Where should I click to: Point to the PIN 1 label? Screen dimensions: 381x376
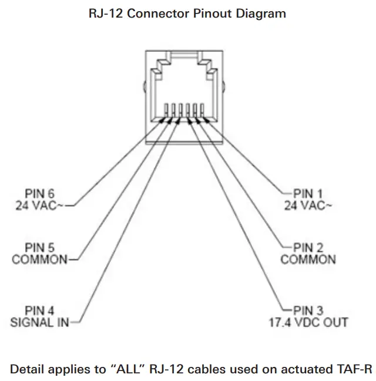[x=306, y=192]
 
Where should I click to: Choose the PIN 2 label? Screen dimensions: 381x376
[x=306, y=248]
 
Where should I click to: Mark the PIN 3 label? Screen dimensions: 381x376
[x=306, y=310]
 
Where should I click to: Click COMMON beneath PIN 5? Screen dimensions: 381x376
[x=39, y=259]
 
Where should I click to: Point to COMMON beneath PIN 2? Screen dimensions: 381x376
[x=308, y=259]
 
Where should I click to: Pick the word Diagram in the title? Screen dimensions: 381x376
[x=262, y=12]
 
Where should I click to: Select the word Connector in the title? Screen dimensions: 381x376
[x=158, y=12]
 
